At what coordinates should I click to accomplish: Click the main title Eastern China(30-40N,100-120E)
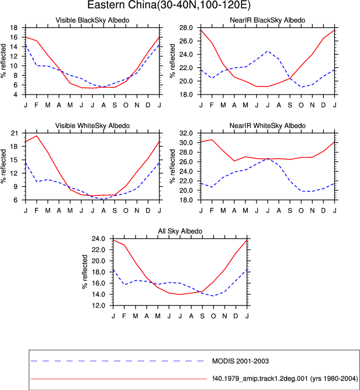coord(169,5)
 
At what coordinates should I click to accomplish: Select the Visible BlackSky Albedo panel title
coord(92,20)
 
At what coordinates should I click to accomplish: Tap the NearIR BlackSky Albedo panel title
coord(268,20)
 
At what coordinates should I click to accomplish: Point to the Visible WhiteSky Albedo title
coord(92,126)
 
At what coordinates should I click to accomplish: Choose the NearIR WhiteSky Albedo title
coord(268,126)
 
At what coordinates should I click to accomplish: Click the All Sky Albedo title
coord(180,231)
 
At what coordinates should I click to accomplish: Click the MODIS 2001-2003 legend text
coord(240,361)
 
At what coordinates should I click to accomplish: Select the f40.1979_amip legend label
coord(285,378)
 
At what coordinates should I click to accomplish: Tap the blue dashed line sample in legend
coord(117,361)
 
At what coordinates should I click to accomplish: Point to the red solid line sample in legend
coord(119,379)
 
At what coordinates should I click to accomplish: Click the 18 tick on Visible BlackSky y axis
coord(14,28)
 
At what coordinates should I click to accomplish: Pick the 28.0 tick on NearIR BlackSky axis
coord(186,28)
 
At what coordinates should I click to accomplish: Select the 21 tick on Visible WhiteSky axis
coord(14,133)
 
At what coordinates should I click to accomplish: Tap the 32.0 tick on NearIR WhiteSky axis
coord(186,133)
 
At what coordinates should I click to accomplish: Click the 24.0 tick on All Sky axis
coord(98,239)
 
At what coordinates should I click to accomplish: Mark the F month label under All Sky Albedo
coord(124,316)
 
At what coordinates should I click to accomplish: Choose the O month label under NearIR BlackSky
coord(301,105)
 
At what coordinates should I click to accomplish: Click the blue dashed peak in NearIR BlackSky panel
coord(268,51)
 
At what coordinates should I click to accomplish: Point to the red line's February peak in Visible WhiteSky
coord(37,136)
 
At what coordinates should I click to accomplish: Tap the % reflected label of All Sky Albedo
coord(85,272)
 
